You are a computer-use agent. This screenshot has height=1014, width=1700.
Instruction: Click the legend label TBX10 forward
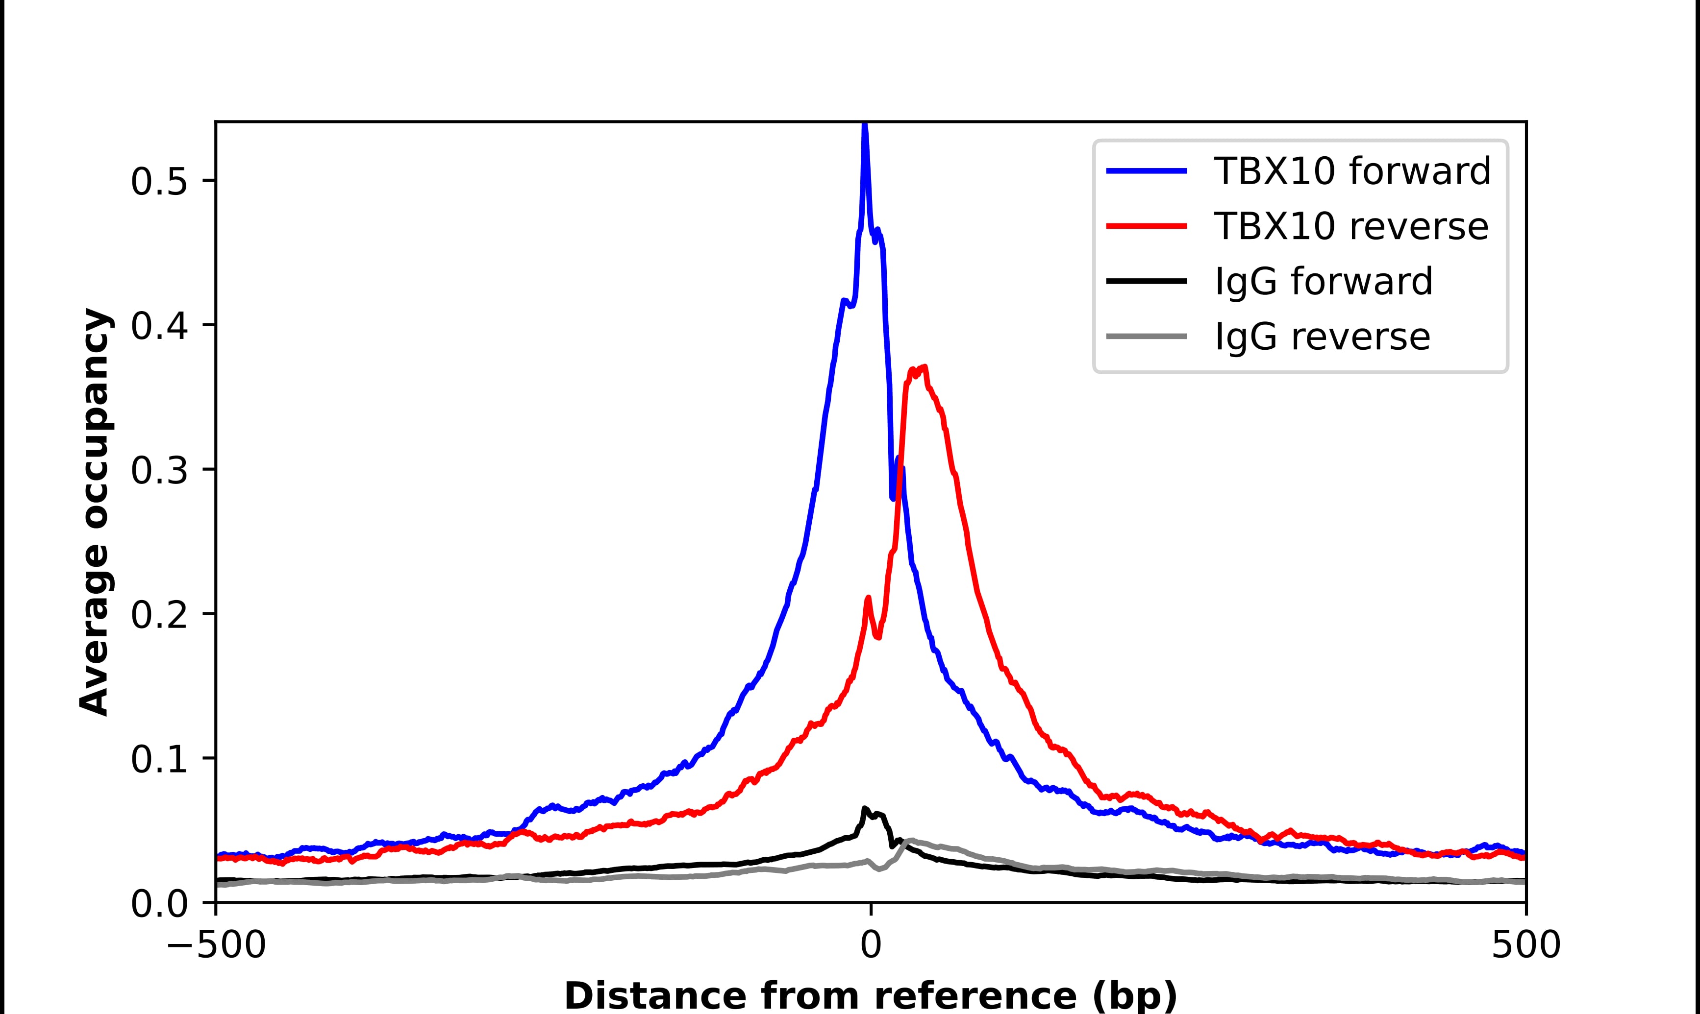1351,171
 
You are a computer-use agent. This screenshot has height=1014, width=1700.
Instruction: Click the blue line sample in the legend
1146,171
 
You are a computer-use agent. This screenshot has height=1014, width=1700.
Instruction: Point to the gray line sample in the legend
1146,336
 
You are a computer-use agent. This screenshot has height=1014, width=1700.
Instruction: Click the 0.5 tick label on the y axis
159,182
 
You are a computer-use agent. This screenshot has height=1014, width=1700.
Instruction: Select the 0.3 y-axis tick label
159,471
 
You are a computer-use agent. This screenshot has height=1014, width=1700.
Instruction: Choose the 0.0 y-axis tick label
159,905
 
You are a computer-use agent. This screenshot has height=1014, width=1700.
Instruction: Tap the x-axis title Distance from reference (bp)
870,995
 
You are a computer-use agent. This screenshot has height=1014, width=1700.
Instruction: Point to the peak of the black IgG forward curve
865,809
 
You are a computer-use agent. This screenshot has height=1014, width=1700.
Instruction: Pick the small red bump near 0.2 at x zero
868,599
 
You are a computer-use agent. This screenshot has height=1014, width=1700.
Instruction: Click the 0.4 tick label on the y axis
159,327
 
